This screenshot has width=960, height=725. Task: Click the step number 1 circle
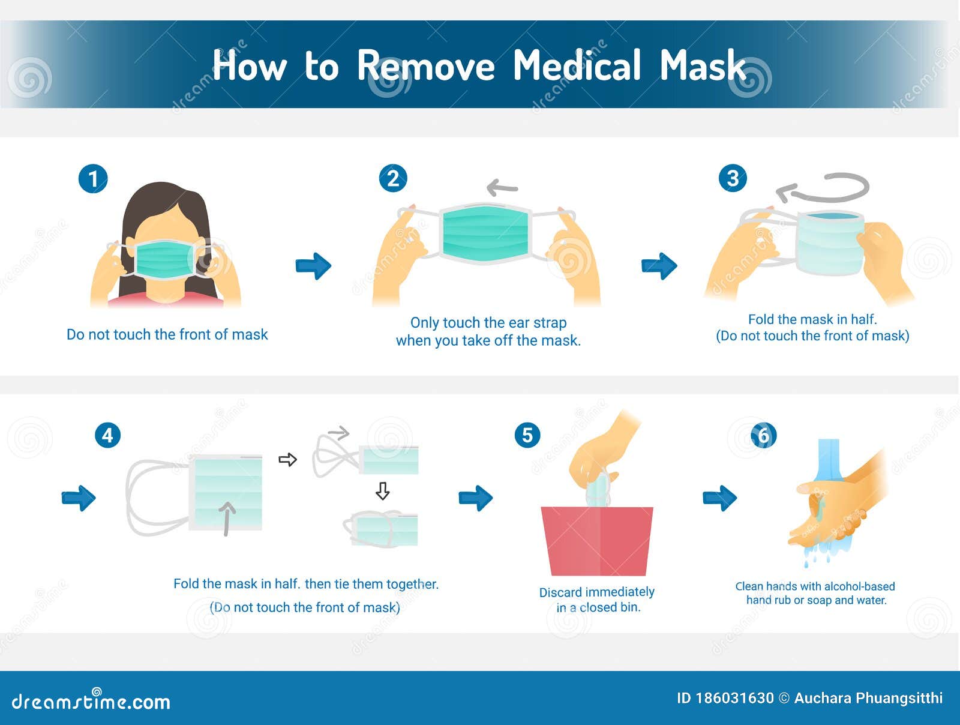pyautogui.click(x=93, y=179)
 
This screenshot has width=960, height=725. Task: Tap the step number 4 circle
pyautogui.click(x=107, y=435)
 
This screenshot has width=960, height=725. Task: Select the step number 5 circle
pyautogui.click(x=527, y=435)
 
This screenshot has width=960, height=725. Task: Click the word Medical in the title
pyautogui.click(x=577, y=65)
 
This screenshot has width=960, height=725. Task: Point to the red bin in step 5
pyautogui.click(x=596, y=540)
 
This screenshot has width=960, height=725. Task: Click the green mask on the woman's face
pyautogui.click(x=165, y=259)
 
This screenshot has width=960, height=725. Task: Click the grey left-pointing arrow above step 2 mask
pyautogui.click(x=502, y=188)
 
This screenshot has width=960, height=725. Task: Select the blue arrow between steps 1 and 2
pyautogui.click(x=314, y=266)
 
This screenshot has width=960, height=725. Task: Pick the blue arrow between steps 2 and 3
pyautogui.click(x=659, y=266)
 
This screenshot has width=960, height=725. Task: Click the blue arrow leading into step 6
pyautogui.click(x=719, y=498)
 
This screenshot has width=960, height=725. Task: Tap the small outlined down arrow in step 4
pyautogui.click(x=382, y=491)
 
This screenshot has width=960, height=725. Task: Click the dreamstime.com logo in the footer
pyautogui.click(x=91, y=701)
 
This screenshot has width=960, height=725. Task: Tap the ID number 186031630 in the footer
pyautogui.click(x=734, y=698)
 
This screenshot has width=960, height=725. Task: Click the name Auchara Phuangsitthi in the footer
pyautogui.click(x=868, y=698)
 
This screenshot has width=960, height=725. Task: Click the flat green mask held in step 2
pyautogui.click(x=485, y=233)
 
